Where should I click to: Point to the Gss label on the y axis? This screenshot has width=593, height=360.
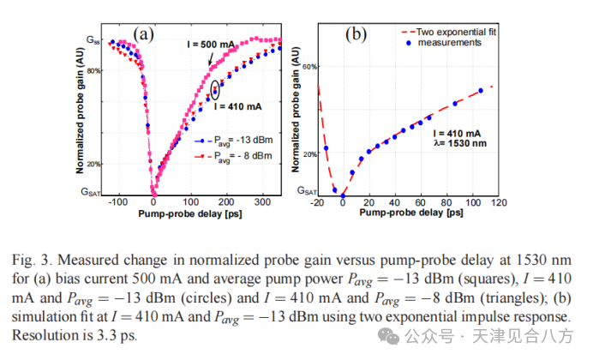pos(93,39)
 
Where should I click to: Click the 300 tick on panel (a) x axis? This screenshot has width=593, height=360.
pos(261,201)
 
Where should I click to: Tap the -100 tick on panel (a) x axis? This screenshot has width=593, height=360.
pos(117,201)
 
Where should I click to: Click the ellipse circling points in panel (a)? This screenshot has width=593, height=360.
pos(215,88)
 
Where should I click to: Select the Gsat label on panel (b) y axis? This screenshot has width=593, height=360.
pos(306,190)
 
